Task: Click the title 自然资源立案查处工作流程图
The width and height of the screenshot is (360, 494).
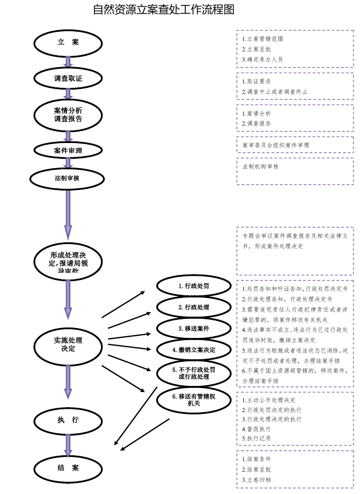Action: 163,10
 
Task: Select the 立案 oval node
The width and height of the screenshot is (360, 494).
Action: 68,42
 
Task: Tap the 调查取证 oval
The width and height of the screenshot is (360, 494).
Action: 68,79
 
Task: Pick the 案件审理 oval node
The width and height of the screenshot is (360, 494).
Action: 68,150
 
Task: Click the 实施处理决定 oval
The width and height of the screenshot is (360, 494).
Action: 68,344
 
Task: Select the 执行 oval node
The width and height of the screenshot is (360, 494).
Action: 68,420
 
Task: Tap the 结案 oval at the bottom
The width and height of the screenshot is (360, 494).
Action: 68,468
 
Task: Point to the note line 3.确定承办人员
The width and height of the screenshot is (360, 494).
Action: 262,59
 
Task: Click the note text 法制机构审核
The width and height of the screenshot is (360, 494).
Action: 261,166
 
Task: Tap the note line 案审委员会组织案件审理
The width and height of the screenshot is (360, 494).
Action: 276,145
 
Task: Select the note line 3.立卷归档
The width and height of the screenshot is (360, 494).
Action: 256,480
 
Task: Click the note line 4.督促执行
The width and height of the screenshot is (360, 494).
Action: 256,429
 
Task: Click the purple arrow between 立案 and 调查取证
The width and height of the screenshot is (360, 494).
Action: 68,61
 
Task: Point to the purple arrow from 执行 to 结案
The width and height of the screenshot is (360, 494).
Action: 68,444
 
